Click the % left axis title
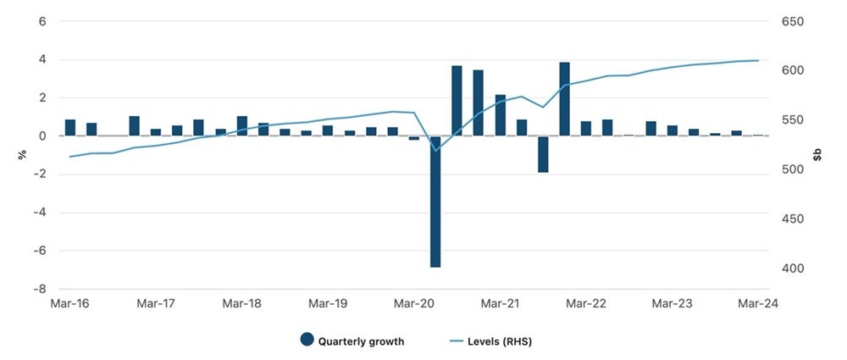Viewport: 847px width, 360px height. (x=12, y=155)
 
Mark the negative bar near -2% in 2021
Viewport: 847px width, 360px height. (x=543, y=154)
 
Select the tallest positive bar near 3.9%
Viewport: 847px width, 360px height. (x=564, y=99)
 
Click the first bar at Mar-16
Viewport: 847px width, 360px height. (x=70, y=128)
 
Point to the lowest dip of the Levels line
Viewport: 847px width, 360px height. (x=436, y=150)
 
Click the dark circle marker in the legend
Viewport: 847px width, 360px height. (x=307, y=341)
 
